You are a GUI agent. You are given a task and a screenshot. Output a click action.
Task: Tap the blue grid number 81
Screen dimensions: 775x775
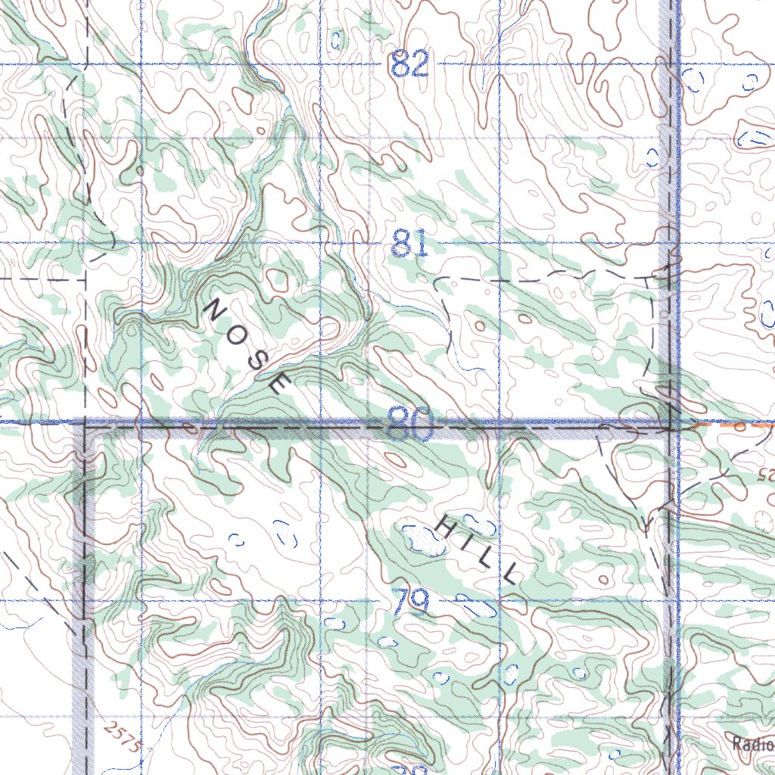click(x=410, y=244)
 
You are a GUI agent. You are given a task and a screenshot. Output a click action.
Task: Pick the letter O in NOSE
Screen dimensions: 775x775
click(x=235, y=333)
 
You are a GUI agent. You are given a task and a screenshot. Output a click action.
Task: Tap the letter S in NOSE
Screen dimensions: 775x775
click(x=256, y=359)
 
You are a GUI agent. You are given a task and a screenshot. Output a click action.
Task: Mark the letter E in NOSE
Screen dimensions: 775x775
click(x=277, y=384)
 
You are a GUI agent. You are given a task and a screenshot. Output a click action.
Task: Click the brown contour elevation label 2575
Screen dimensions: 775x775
click(x=123, y=736)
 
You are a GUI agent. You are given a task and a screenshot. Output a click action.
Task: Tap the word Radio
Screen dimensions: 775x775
click(x=752, y=743)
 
